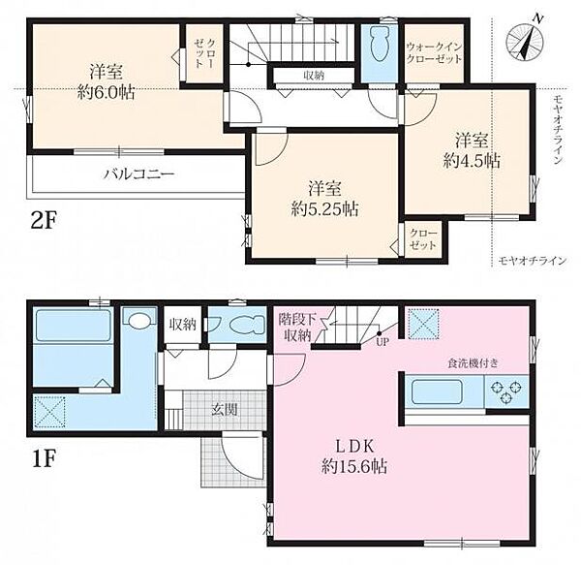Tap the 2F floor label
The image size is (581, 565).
click(x=44, y=223)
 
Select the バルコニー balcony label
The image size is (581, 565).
click(x=138, y=173)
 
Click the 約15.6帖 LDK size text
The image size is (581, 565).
click(x=354, y=466)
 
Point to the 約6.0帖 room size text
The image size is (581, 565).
click(x=106, y=91)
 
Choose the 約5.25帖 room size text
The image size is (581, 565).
click(x=324, y=209)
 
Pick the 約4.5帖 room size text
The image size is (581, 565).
click(x=472, y=161)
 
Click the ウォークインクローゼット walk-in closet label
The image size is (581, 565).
click(x=434, y=53)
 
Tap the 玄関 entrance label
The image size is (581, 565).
click(x=225, y=410)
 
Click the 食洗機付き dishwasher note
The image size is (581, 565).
click(x=473, y=363)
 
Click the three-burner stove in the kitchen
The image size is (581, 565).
click(x=505, y=392)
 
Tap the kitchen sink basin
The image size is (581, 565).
click(x=437, y=392)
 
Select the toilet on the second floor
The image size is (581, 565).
click(x=379, y=45)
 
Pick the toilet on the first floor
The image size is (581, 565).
click(x=247, y=325)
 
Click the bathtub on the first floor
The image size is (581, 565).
click(x=74, y=325)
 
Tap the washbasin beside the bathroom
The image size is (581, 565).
click(x=139, y=318)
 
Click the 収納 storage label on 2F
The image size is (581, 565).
click(x=314, y=76)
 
